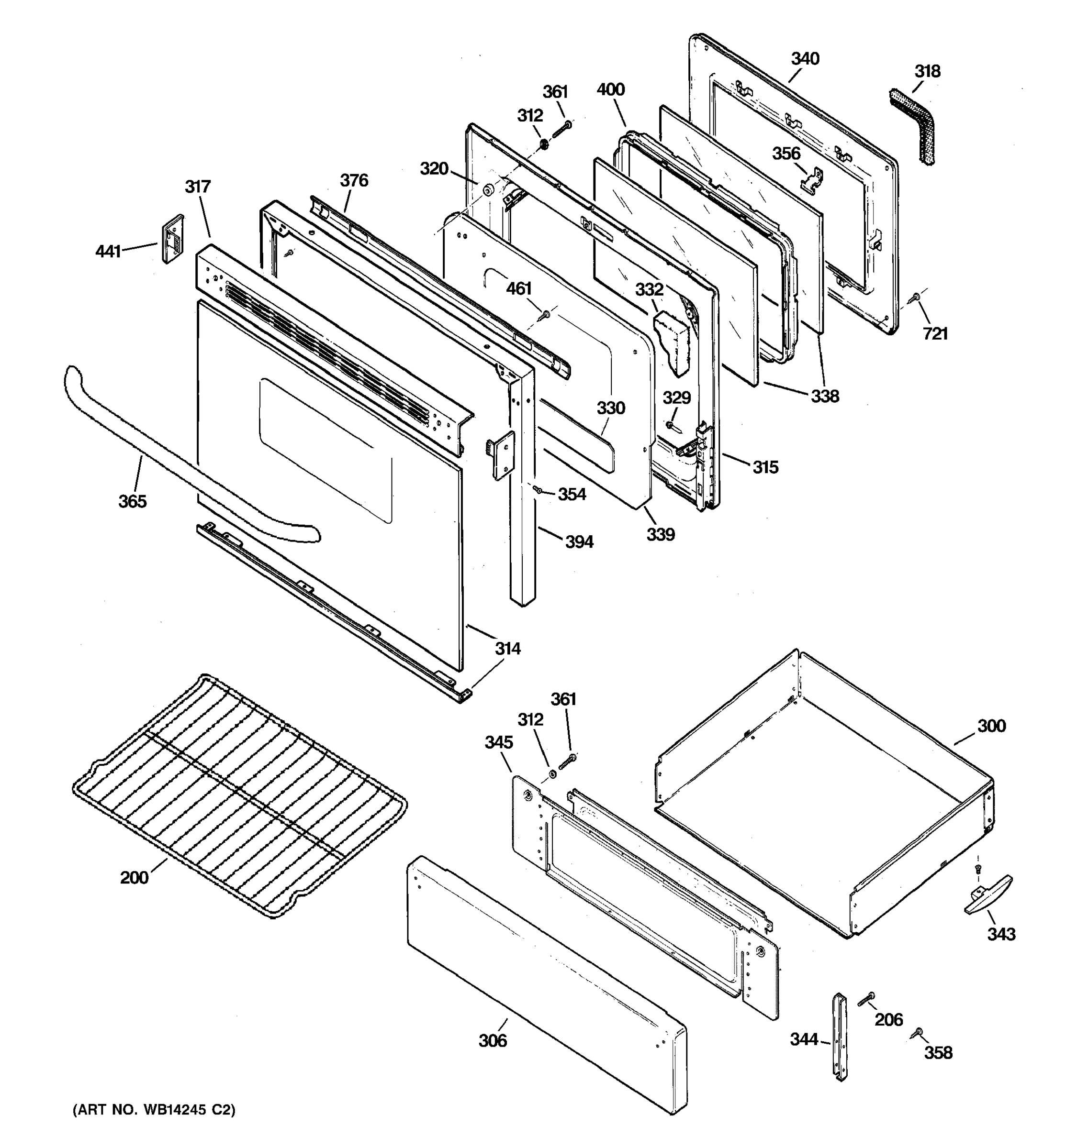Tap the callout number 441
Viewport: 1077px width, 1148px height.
click(108, 251)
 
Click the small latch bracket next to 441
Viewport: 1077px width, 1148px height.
click(172, 239)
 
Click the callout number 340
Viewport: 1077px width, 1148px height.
click(805, 59)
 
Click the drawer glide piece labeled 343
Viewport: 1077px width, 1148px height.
click(987, 894)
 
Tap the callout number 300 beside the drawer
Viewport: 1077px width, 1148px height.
click(991, 726)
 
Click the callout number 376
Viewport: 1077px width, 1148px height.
click(354, 181)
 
